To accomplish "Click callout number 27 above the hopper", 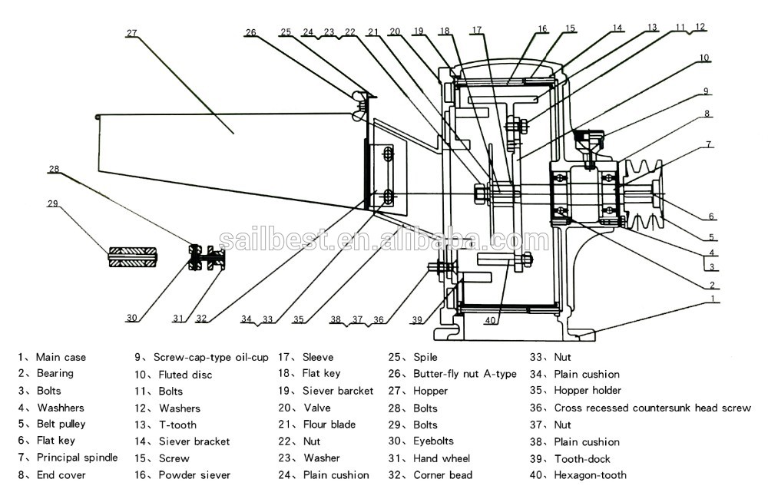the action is tap(132, 33).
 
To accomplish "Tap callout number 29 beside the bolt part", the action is tap(52, 203).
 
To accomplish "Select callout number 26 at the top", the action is tap(250, 32).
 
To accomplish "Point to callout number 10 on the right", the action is tap(703, 58).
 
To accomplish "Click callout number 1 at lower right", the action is tap(713, 298).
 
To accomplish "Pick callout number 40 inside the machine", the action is tap(490, 321).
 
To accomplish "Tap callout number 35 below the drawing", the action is tap(298, 319).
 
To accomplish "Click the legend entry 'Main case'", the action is tap(61, 358).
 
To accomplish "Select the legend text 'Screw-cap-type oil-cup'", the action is tap(211, 358).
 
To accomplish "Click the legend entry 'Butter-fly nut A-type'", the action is tap(465, 374).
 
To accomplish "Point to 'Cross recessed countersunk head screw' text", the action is tap(652, 408).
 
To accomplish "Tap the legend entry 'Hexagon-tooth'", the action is tap(590, 475).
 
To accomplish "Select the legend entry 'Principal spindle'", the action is tap(78, 458).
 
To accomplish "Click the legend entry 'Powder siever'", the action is tap(194, 475).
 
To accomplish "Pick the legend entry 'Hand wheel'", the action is tap(442, 458).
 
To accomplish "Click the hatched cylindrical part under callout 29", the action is tap(132, 256).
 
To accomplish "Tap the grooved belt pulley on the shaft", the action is tap(643, 194).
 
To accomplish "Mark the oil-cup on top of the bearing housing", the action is tap(589, 144).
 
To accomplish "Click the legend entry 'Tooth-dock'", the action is tap(582, 459).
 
